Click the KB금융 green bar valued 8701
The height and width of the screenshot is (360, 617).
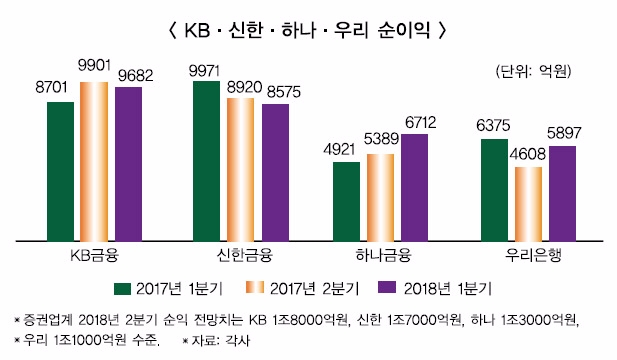pos(61,171)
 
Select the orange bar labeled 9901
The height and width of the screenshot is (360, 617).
pos(94,161)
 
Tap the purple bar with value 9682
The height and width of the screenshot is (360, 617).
pos(128,164)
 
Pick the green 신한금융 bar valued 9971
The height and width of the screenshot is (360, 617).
pos(206,161)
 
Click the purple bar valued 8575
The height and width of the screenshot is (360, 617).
pos(275,172)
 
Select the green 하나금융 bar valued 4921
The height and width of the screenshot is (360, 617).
pos(346,201)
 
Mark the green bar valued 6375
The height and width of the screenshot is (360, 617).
pos(494,190)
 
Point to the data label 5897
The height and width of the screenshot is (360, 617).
pos(562,133)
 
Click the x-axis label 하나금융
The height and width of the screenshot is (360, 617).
pos(380,254)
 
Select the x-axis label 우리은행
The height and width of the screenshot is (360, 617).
pos(528,254)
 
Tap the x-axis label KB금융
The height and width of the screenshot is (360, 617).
pos(95,254)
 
